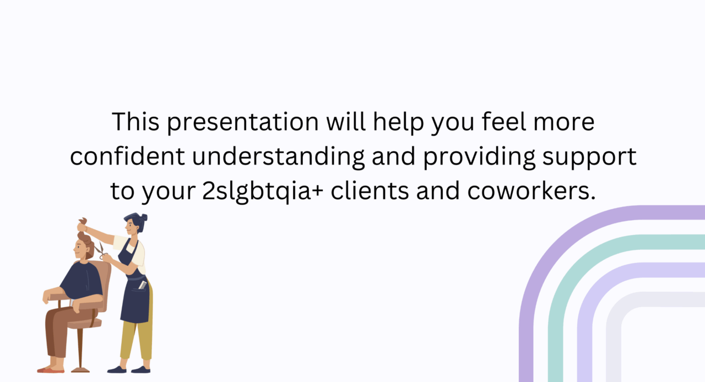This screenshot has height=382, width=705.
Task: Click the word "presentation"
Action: [x=243, y=122]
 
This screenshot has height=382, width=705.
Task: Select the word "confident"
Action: [x=127, y=156]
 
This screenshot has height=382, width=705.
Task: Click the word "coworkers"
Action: [x=532, y=190]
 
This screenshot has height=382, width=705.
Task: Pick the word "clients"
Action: [x=370, y=190]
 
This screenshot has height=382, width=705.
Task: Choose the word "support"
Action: [x=589, y=157]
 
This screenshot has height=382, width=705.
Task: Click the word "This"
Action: [x=135, y=122]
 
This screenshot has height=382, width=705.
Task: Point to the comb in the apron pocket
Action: [x=143, y=285]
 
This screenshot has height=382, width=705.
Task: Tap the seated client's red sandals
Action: [x=51, y=370]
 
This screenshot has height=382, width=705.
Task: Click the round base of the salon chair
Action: [x=80, y=370]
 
